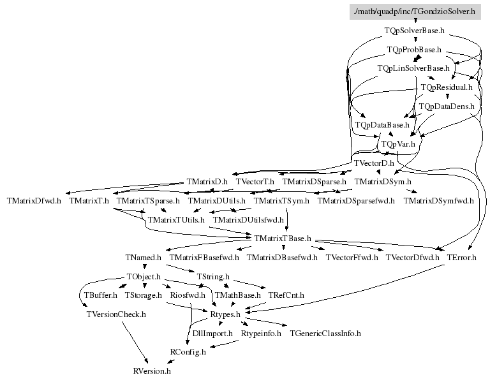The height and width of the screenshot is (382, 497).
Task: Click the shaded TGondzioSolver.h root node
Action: (415, 11)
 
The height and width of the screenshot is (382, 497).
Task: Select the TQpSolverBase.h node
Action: (415, 30)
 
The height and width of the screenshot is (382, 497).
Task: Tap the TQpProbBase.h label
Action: (415, 49)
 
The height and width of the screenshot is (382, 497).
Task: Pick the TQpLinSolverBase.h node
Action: (413, 68)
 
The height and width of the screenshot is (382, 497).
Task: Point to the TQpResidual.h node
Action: (446, 87)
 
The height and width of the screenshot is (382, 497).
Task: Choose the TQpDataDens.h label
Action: (446, 106)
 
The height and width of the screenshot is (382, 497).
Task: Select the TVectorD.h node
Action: (373, 163)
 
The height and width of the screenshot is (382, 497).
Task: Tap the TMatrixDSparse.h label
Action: (314, 182)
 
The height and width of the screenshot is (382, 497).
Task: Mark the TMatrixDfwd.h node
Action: (34, 201)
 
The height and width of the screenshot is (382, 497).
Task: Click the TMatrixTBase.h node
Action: (282, 239)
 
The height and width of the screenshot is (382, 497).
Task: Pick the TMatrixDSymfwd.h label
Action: (438, 201)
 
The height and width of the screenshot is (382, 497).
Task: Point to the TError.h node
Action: (462, 258)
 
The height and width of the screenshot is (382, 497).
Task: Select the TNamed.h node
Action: (144, 258)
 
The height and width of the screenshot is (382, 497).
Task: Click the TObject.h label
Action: (144, 277)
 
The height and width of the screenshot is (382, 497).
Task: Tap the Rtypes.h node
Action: (225, 314)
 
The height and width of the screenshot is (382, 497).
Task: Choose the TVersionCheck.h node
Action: (116, 314)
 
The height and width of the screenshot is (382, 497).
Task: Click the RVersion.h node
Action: (152, 370)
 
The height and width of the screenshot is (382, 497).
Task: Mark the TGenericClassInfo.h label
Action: (325, 333)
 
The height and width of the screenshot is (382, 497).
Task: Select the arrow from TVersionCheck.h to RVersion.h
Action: (135, 342)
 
